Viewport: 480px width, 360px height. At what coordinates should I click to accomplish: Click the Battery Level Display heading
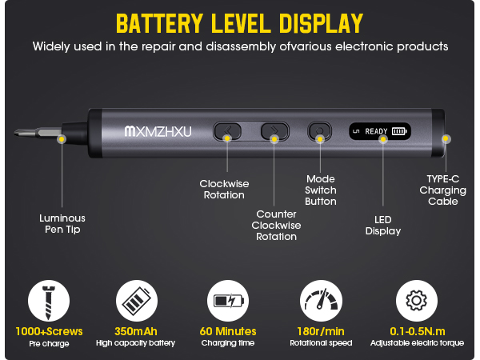pos(239,22)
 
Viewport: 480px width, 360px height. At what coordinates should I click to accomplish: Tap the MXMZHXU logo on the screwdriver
pos(158,131)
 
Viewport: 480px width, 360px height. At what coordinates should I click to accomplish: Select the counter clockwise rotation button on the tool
pos(274,130)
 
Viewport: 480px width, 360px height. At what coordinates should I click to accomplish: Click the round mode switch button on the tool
pos(320,130)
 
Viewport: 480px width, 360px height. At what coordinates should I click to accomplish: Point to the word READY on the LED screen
pos(376,130)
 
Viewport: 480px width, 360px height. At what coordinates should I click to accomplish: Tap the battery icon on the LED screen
pos(398,130)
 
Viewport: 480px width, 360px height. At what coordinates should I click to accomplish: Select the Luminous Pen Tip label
pos(62,223)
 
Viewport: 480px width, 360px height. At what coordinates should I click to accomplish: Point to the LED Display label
pos(382,225)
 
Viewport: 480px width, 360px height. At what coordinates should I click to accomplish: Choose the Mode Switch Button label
pos(321,190)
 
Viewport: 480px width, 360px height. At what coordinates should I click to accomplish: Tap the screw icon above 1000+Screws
pos(48,302)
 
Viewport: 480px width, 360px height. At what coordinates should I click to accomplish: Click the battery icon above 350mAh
pos(135,302)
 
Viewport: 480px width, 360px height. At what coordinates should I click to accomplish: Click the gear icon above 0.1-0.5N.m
pos(416,302)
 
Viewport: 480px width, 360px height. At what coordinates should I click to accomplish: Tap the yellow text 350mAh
pos(135,330)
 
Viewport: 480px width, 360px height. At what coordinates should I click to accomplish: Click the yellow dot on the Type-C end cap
pos(446,138)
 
